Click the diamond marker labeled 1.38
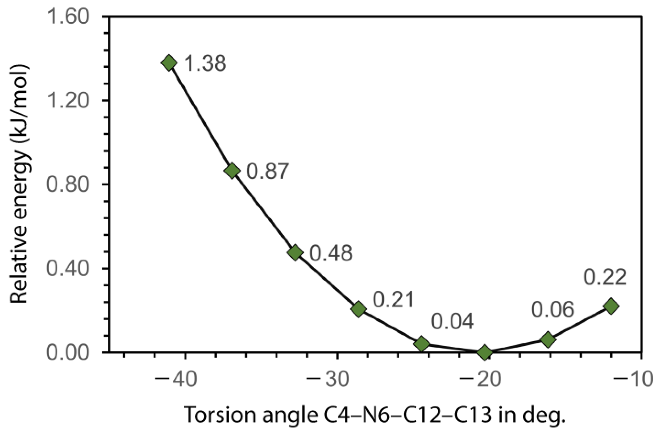point(169,63)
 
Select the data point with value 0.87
point(232,171)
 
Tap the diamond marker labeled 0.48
point(295,252)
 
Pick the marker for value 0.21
point(358,309)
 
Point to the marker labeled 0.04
point(422,344)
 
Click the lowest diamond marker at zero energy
point(484,352)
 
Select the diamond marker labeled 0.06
point(548,339)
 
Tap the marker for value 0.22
point(611,306)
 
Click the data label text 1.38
point(205,64)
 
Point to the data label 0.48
point(331,253)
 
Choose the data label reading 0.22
point(605,277)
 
